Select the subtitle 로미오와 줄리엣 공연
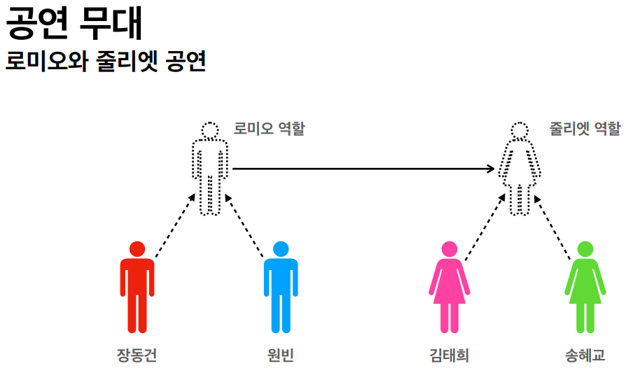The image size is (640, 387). [x=105, y=62]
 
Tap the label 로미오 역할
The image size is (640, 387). [x=269, y=129]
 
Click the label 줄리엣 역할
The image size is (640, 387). [x=585, y=129]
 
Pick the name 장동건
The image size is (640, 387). [x=137, y=356]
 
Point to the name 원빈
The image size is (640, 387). [x=280, y=356]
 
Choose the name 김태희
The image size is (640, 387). [x=449, y=356]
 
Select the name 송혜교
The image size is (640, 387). [x=585, y=356]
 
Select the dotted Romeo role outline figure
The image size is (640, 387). [x=210, y=171]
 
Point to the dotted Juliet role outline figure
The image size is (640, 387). [x=519, y=171]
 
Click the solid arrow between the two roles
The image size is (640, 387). [x=364, y=169]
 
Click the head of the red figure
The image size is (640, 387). [x=137, y=248]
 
